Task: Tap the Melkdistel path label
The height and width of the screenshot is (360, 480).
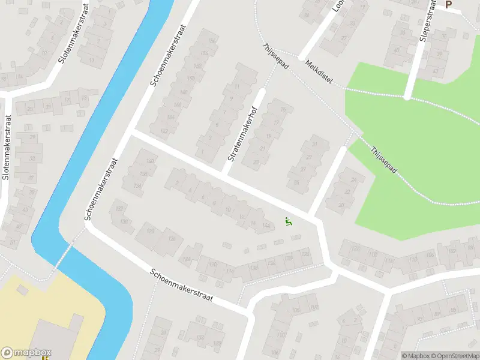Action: coord(318,73)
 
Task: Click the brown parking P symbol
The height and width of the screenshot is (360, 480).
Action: coord(448,5)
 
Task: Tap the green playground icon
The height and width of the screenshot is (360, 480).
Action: coord(289,222)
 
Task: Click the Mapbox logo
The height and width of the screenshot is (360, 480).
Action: coord(26,353)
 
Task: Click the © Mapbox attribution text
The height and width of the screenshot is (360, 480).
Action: coord(416,355)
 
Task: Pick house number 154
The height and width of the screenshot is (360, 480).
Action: coord(204,53)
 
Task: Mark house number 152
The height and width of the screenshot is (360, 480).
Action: coord(198,65)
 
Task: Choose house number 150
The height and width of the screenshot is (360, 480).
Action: coord(191,79)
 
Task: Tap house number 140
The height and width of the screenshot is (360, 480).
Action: coord(150,161)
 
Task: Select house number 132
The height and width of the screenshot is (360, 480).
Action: coord(271,262)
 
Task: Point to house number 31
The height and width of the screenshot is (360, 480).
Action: coord(314,145)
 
